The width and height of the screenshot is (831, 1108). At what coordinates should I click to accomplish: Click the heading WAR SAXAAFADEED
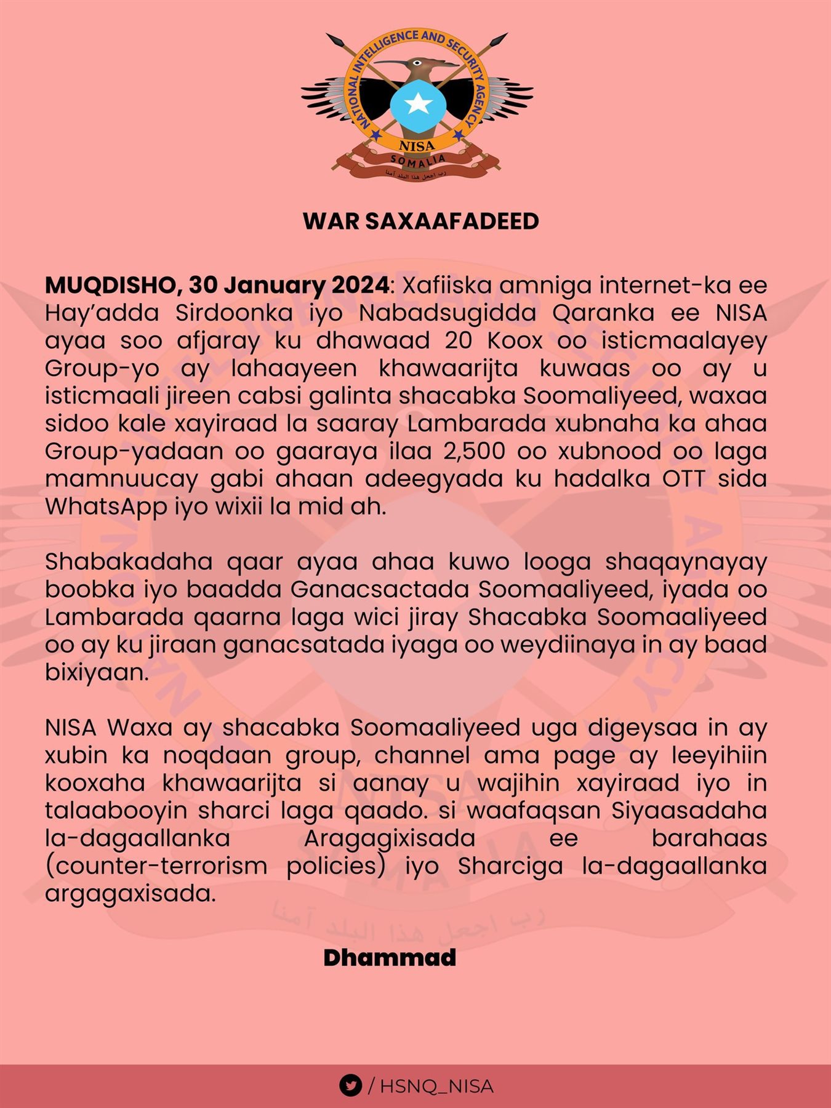pos(421,222)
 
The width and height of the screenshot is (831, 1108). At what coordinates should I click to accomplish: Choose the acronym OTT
pos(683,479)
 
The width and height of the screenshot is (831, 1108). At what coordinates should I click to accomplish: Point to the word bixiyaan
pos(97,673)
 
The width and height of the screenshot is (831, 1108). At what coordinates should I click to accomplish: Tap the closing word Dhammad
pos(390,958)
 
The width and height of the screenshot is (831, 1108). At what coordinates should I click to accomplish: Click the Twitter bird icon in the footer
pos(350,1086)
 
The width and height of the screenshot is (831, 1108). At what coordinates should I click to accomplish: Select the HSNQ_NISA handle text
pos(436,1086)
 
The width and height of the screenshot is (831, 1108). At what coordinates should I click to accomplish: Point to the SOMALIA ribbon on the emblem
pos(418,162)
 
